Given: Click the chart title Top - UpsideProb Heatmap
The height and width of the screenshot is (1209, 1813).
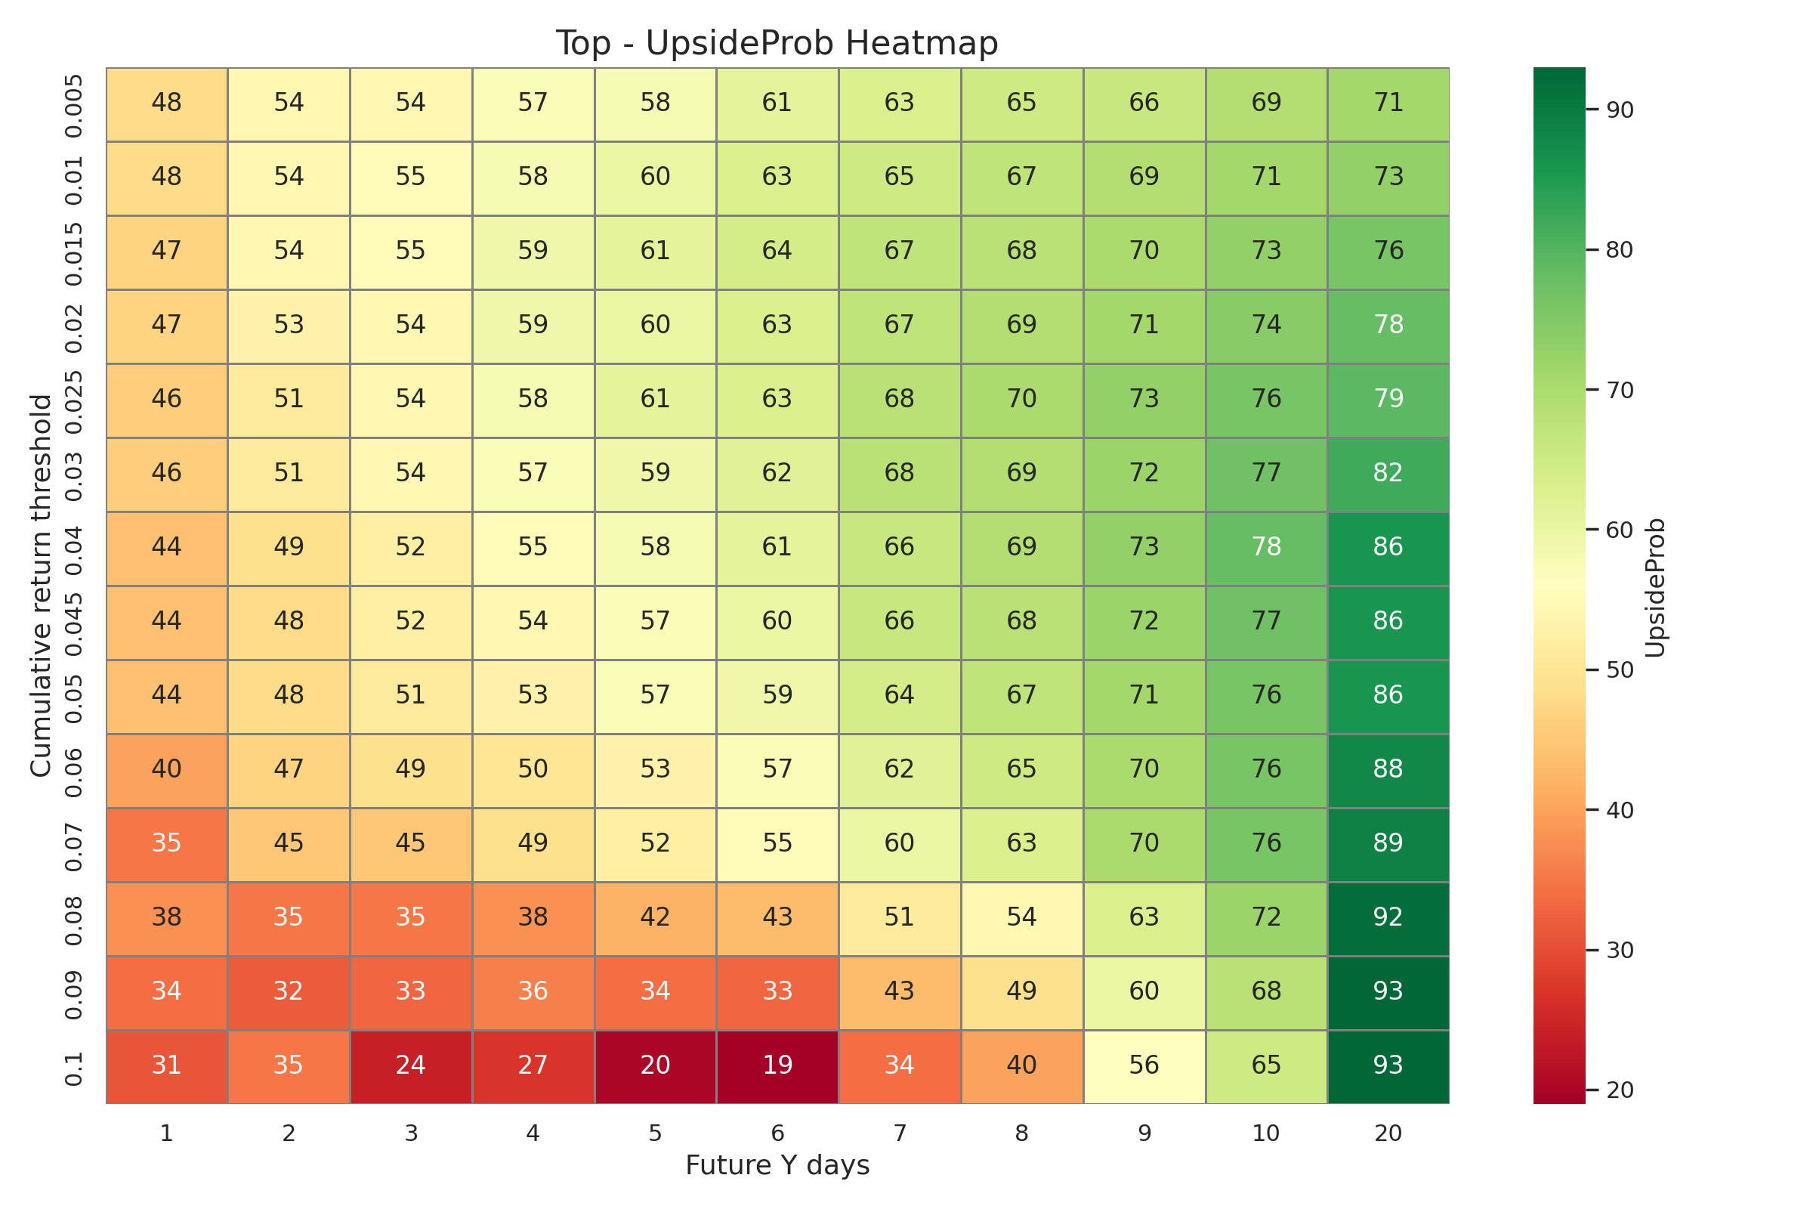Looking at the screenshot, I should [x=777, y=43].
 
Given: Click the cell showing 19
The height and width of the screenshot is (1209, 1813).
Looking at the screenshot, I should [x=777, y=1065].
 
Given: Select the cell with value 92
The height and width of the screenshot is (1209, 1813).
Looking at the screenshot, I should [x=1388, y=917].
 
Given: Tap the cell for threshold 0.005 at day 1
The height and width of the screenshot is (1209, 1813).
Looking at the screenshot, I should [x=166, y=103].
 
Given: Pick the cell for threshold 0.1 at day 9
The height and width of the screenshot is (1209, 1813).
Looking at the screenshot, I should [x=1144, y=1065].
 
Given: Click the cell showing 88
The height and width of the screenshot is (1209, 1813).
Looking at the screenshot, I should [x=1388, y=768].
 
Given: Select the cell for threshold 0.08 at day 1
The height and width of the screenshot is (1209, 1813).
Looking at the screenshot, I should [x=166, y=917].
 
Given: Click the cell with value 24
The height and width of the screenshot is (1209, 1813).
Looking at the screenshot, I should [x=411, y=1065].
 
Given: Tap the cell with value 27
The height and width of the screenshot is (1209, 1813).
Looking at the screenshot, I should [x=533, y=1065].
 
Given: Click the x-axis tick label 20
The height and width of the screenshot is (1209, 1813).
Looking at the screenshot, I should [x=1388, y=1133].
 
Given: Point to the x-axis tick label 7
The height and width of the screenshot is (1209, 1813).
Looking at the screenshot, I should [x=900, y=1133].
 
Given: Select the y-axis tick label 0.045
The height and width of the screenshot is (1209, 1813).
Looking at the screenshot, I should [x=73, y=621].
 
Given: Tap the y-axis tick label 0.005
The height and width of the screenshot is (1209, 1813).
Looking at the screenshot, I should [x=73, y=106].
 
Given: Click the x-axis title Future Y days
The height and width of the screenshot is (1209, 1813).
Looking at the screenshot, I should [x=777, y=1165].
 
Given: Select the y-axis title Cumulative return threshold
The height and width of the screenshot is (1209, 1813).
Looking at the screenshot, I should [x=41, y=586].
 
